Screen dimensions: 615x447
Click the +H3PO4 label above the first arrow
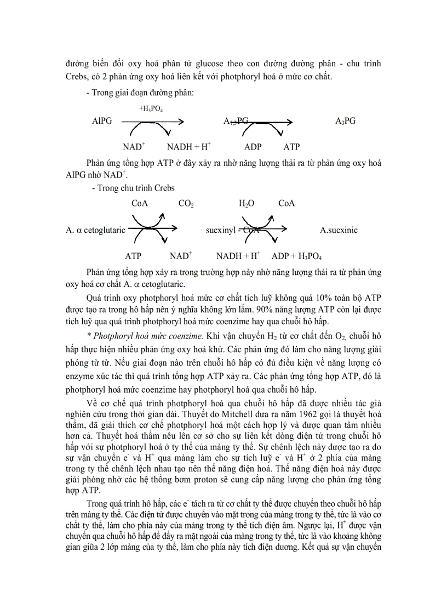point(150,110)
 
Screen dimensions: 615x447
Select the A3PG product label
point(345,121)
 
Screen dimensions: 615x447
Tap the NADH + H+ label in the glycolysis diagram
point(189,147)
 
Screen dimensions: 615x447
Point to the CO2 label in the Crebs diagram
point(186,204)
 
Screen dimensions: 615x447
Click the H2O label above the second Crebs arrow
point(247,204)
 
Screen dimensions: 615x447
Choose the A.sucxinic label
point(339,230)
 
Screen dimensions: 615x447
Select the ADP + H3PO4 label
point(296,256)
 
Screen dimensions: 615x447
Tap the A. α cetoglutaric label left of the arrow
point(94,230)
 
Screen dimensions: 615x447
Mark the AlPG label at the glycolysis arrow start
point(102,121)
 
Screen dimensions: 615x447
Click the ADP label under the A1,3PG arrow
point(253,147)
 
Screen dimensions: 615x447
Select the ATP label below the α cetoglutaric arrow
point(133,256)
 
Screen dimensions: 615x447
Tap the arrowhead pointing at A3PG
point(291,121)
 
